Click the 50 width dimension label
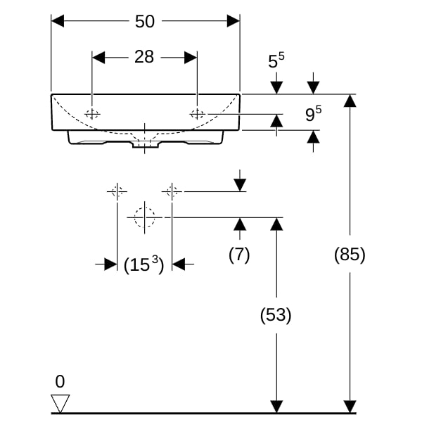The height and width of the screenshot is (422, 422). [x=145, y=21]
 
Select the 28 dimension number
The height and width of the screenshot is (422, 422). [x=144, y=57]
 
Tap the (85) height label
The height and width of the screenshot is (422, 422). [x=350, y=255]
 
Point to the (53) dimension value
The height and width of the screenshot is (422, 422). [x=276, y=315]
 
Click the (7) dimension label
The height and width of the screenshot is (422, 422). [x=239, y=255]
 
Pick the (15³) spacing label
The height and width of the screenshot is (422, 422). [x=143, y=264]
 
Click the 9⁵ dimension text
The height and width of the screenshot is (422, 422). [x=313, y=113]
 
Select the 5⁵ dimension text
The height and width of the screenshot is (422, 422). [x=276, y=60]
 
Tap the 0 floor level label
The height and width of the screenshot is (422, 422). [x=60, y=381]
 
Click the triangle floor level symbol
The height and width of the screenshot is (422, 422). [x=60, y=403]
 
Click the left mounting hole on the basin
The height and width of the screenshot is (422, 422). [x=92, y=114]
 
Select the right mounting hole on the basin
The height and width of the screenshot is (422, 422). [x=197, y=114]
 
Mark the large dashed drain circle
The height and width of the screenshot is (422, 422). [x=145, y=207]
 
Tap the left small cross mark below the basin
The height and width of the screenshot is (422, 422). [x=117, y=191]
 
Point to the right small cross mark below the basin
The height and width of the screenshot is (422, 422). [x=172, y=191]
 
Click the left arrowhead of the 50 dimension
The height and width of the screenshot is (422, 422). [x=58, y=21]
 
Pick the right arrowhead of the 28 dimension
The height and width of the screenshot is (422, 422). [x=191, y=58]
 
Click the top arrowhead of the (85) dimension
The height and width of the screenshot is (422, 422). [x=350, y=101]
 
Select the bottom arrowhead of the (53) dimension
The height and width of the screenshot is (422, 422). [x=276, y=407]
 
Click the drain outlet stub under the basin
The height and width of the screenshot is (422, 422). [x=145, y=144]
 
